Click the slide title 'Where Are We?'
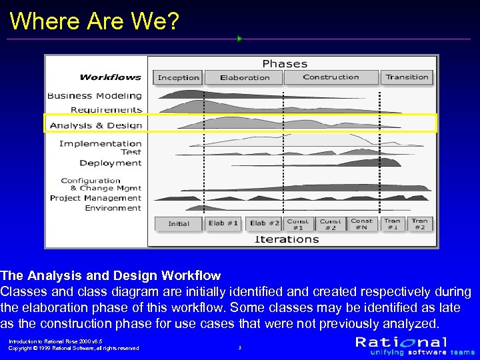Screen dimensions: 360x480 95,21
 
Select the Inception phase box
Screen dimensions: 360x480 178,77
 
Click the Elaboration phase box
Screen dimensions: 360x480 244,77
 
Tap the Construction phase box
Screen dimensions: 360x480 331,77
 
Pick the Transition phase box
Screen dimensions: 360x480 407,77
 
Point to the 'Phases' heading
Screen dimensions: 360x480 285,64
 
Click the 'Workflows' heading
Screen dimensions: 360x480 111,77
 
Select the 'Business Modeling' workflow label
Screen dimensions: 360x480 95,96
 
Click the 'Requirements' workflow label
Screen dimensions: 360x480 107,110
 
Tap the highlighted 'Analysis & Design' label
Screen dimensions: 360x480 96,125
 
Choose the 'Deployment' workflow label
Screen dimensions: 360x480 111,163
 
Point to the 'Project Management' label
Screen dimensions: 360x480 96,198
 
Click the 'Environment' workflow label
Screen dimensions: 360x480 113,208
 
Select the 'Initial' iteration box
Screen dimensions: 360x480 179,224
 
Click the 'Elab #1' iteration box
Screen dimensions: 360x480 223,223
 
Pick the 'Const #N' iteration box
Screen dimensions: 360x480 361,224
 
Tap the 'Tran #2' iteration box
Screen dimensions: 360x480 419,224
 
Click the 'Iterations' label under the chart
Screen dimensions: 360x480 287,239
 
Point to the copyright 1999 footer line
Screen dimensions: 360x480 73,348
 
